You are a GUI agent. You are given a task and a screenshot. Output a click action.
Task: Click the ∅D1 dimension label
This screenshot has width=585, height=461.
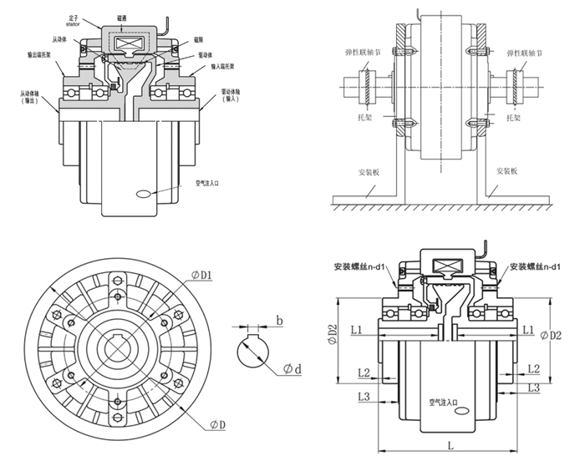click(203, 275)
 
